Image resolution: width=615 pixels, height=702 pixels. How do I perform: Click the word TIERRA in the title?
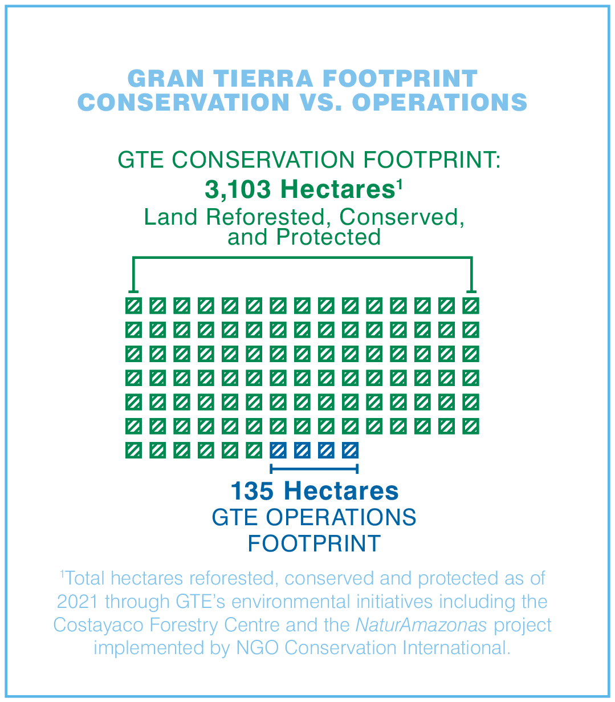click(x=263, y=78)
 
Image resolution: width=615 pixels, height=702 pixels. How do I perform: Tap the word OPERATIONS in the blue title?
click(x=439, y=102)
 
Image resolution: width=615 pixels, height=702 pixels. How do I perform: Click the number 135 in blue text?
click(x=252, y=491)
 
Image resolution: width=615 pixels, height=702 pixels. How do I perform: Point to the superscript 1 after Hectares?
click(x=400, y=184)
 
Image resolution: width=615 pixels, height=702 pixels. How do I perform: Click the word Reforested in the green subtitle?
click(x=266, y=217)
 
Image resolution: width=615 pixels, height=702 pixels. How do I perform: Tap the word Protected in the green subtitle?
click(x=328, y=237)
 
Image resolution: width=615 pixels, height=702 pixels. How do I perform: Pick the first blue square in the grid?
click(x=278, y=450)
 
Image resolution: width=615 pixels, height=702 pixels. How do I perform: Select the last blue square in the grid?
click(x=350, y=450)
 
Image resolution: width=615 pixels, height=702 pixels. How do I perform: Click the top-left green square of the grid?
click(x=134, y=306)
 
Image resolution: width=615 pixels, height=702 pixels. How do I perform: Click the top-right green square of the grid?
click(x=471, y=306)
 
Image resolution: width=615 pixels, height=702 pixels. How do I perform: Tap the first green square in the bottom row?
click(x=134, y=450)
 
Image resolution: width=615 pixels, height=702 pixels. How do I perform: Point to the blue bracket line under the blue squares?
click(x=314, y=469)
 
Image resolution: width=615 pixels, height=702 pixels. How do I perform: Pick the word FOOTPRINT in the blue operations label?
click(x=314, y=543)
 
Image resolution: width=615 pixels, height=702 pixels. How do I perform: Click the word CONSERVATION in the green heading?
click(x=263, y=160)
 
